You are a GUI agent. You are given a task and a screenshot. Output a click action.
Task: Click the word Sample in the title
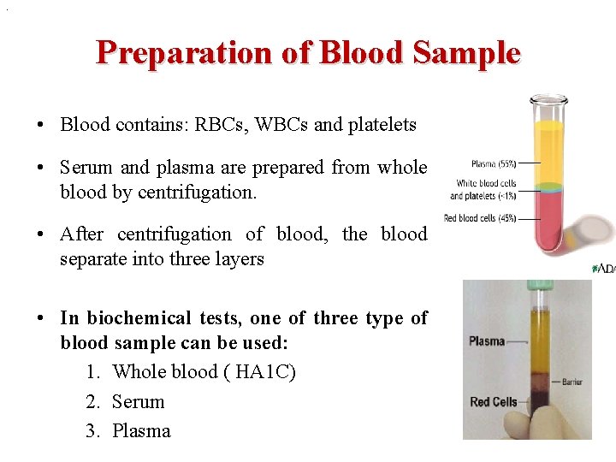tap(466, 53)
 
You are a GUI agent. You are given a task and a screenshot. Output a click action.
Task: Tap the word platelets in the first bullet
tap(382, 125)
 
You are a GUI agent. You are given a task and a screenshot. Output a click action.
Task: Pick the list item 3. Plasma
tap(128, 430)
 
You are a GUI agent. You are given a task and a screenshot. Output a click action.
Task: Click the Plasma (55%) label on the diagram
tap(493, 163)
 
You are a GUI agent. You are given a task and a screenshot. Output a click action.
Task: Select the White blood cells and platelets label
tap(485, 189)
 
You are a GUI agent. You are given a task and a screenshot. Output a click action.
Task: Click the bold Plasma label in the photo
tap(487, 341)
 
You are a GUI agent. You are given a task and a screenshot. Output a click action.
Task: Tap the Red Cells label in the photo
tap(493, 401)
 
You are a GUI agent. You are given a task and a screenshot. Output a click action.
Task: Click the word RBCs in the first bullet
tap(218, 125)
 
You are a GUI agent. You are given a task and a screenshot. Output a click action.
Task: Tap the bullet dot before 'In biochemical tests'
tap(41, 318)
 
